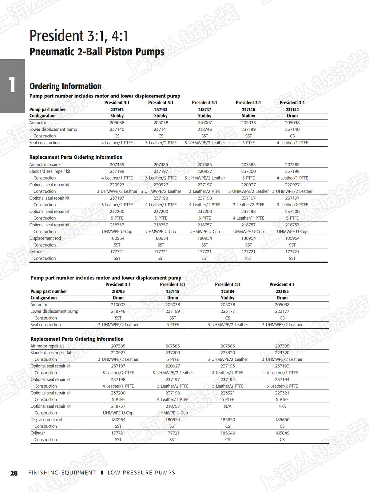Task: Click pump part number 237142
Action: [117, 109]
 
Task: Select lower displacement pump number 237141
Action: [161, 129]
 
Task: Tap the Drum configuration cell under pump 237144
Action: [292, 116]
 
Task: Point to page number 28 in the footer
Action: [14, 473]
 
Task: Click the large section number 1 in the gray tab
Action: [12, 85]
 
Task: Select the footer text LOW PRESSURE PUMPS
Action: [141, 473]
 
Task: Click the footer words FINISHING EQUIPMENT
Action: [62, 473]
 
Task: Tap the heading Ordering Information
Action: [65, 86]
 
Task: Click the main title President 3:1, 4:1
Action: [79, 36]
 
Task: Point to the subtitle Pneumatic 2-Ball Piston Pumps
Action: [97, 52]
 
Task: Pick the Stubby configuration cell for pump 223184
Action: [228, 298]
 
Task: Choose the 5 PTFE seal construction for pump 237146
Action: [248, 143]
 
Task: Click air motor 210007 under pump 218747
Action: [204, 123]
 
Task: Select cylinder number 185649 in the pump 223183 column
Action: [282, 433]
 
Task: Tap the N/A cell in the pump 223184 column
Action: [228, 406]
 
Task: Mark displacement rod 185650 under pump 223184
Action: [228, 419]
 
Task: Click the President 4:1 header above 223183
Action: [282, 284]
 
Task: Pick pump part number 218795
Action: [118, 292]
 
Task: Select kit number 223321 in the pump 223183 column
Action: [282, 393]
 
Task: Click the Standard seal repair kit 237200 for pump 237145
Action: [173, 353]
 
